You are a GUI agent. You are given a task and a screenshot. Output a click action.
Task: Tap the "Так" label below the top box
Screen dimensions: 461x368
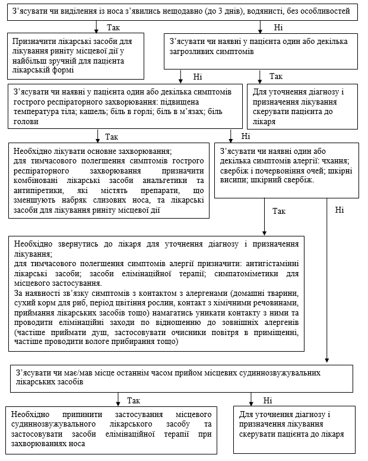tap(113, 27)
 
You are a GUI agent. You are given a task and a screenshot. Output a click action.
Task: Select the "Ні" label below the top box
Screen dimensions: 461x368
tap(278, 27)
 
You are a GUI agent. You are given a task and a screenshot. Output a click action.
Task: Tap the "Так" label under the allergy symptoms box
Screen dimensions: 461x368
tap(279, 210)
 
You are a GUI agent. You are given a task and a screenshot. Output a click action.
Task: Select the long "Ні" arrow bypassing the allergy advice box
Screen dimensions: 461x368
tap(327, 279)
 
